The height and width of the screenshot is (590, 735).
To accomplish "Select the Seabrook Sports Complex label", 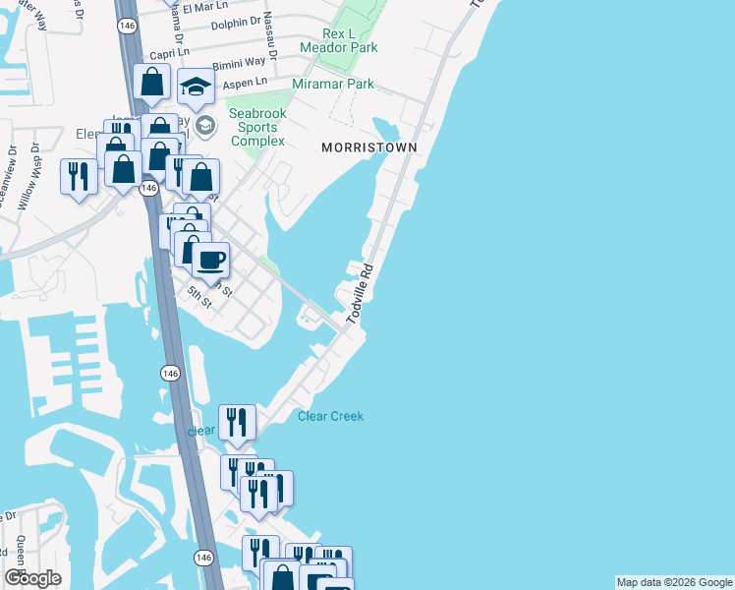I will tap(257, 127).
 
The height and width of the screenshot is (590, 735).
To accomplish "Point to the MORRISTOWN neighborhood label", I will tap(369, 147).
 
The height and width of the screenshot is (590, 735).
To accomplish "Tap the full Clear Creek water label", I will tap(330, 417).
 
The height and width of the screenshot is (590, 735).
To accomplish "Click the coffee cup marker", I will tap(210, 261).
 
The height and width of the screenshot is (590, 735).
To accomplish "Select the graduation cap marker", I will tap(196, 87).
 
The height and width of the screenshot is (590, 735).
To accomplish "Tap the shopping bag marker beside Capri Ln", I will tap(152, 83).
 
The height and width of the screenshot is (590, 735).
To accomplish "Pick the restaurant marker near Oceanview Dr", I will tap(79, 177).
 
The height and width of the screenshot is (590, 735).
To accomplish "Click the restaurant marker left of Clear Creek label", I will tap(237, 423).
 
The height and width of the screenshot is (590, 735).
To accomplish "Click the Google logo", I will tap(33, 578).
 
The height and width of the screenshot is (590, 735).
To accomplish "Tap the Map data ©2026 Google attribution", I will tap(673, 582).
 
